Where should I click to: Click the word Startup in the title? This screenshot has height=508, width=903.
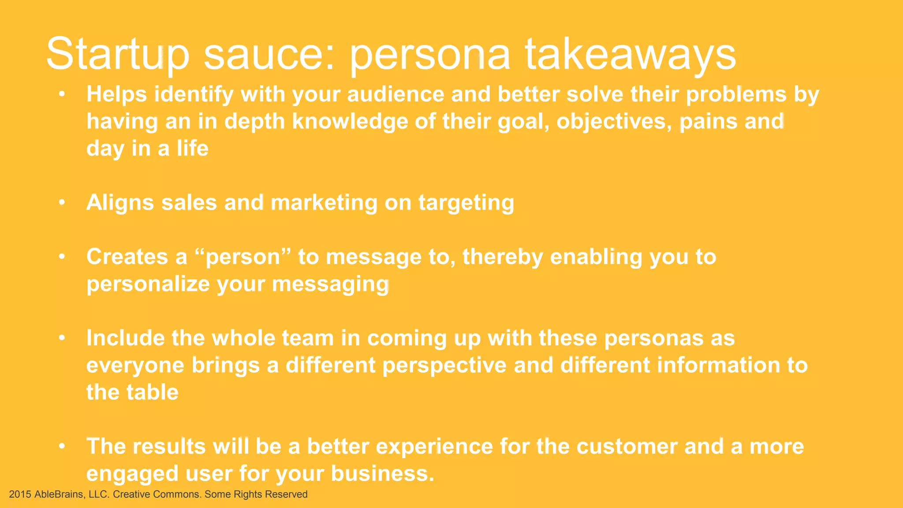pos(118,54)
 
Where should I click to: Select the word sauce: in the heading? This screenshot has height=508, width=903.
pos(269,54)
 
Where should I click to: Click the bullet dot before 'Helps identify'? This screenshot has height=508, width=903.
pos(62,94)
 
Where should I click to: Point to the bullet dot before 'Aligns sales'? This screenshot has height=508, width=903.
pos(62,202)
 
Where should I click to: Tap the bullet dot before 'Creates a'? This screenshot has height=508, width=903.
pos(62,257)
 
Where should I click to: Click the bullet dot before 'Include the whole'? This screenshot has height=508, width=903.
pos(62,338)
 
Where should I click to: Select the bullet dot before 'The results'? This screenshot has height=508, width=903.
pos(62,446)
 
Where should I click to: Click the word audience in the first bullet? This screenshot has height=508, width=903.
pos(396,94)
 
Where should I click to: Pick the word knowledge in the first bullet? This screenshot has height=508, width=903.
pos(350,121)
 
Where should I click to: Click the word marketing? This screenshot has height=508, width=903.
pos(324,203)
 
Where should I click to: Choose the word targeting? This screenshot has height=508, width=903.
pos(466,203)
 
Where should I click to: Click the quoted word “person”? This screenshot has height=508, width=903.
pos(243,257)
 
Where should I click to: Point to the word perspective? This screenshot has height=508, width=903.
pos(444,366)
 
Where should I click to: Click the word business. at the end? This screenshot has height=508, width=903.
pos(383,474)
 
